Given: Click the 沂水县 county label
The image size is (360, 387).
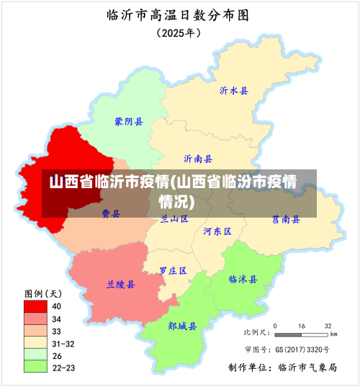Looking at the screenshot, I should (234, 91).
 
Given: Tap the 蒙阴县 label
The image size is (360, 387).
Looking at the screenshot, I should (129, 122).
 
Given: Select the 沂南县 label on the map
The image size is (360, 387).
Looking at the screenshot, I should (198, 159).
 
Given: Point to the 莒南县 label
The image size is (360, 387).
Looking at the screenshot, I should (286, 219).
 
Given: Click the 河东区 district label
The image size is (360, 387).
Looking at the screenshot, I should (217, 231).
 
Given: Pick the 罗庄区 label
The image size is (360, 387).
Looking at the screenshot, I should (173, 270).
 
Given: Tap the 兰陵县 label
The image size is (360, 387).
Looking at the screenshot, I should (120, 284).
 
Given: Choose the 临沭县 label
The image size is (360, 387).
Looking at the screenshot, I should (243, 279).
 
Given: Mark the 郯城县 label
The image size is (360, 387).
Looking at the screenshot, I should (182, 326).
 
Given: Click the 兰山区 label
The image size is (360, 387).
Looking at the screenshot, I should (174, 218).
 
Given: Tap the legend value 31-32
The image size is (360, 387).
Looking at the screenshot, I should (63, 343).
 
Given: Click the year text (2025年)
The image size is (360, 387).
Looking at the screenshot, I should (179, 32).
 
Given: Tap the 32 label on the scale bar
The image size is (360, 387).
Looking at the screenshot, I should (328, 326).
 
